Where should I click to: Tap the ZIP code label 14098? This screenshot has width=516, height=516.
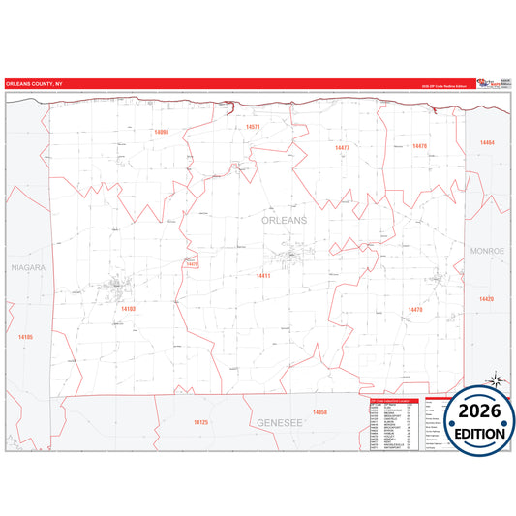click(161, 132)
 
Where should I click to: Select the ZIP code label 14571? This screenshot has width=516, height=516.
click(253, 127)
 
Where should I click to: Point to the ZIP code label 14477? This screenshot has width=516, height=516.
click(341, 148)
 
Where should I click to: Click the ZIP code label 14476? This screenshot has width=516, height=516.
click(419, 145)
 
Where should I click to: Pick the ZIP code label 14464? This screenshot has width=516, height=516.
click(486, 142)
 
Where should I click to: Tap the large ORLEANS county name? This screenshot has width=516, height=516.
click(285, 221)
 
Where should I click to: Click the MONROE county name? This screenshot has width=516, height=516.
click(488, 251)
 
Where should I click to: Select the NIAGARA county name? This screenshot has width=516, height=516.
click(28, 266)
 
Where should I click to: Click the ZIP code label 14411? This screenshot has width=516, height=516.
click(262, 276)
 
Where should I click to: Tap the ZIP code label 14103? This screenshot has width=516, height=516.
click(129, 309)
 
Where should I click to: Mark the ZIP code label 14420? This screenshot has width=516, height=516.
click(486, 299)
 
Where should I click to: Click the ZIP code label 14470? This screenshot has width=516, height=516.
click(414, 310)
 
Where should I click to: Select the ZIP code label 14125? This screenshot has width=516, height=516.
click(200, 422)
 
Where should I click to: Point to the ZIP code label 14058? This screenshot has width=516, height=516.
click(319, 412)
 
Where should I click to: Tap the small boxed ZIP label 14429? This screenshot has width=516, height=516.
click(192, 263)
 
